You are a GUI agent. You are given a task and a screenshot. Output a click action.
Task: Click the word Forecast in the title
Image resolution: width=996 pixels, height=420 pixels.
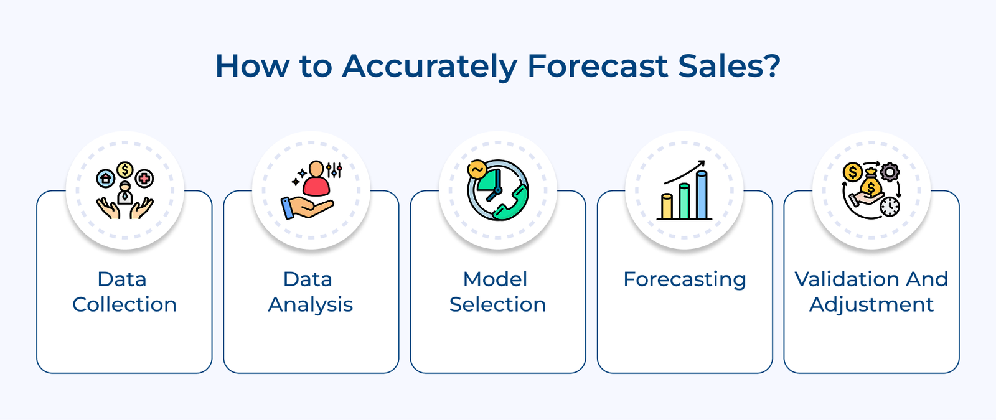coord(598,66)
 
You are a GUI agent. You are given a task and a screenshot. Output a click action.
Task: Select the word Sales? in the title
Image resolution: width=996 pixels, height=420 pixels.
coord(729,66)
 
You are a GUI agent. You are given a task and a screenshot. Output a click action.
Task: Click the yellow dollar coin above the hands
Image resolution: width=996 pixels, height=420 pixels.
coord(125,170)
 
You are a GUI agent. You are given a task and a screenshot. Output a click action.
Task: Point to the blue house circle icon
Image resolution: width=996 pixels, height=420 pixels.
coord(105,179)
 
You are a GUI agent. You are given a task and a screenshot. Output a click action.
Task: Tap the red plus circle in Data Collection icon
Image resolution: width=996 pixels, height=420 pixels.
coord(144,179)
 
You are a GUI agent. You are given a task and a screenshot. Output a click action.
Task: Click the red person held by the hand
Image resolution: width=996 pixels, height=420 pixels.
coord(316,179)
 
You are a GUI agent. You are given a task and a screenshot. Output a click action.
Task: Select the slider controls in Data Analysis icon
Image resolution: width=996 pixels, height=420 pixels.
coord(334,170)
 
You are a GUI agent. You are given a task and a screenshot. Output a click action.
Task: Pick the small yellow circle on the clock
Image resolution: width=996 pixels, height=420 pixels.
coord(477,170)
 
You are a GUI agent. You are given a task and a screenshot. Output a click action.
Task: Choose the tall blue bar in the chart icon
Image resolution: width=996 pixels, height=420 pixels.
coord(702,195)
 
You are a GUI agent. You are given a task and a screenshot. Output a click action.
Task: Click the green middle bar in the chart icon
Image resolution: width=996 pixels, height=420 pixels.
coord(684,200)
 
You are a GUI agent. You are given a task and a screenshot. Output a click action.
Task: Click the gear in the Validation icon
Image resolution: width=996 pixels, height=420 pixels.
coord(890,172)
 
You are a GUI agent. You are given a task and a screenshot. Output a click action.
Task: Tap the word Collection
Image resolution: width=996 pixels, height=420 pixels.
coord(125,304)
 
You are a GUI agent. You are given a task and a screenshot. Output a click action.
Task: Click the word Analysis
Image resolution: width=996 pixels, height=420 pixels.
coord(311,305)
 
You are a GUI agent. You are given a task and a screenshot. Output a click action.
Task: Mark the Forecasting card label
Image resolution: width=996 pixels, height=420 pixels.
coord(685,279)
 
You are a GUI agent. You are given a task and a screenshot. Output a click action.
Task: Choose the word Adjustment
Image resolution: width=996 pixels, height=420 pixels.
coord(872,305)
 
